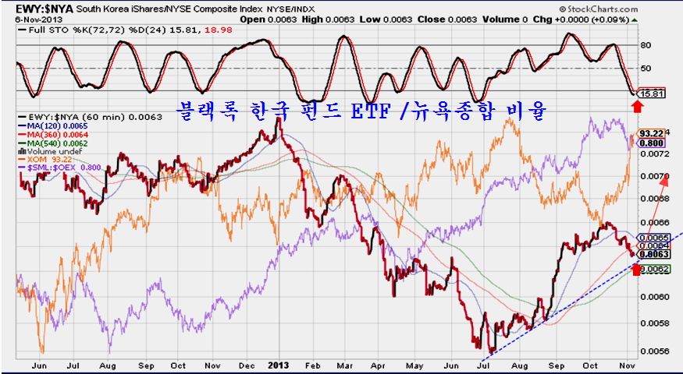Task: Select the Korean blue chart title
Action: (x=361, y=111)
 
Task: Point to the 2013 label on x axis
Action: (x=278, y=364)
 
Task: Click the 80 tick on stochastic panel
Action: (x=646, y=45)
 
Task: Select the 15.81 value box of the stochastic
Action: (x=650, y=93)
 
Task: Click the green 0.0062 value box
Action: (x=653, y=269)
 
